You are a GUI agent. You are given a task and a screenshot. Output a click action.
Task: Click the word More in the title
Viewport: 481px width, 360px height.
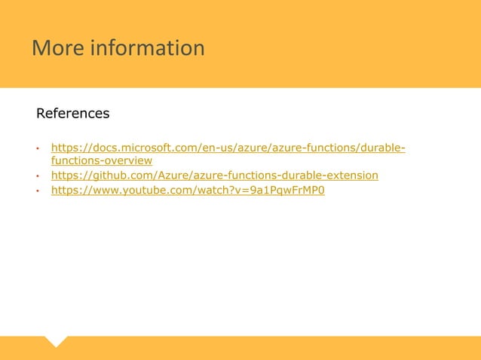tap(57, 48)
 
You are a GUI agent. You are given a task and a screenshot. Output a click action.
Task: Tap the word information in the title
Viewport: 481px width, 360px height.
tap(147, 48)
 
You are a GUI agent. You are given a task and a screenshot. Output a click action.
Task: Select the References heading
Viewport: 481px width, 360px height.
tap(73, 114)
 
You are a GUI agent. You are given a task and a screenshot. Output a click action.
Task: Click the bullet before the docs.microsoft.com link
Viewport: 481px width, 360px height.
tap(38, 148)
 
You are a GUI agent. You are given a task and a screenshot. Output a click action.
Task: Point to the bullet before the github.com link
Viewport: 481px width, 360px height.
tap(38, 176)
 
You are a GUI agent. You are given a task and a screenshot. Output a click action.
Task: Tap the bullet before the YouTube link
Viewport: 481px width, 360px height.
tap(38, 191)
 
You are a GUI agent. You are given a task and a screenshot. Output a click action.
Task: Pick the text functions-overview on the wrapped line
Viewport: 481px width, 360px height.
tap(102, 161)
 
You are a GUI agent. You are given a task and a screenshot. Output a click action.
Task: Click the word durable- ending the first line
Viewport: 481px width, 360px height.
tap(383, 147)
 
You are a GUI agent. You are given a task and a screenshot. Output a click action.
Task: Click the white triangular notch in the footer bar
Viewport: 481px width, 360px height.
tap(56, 341)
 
